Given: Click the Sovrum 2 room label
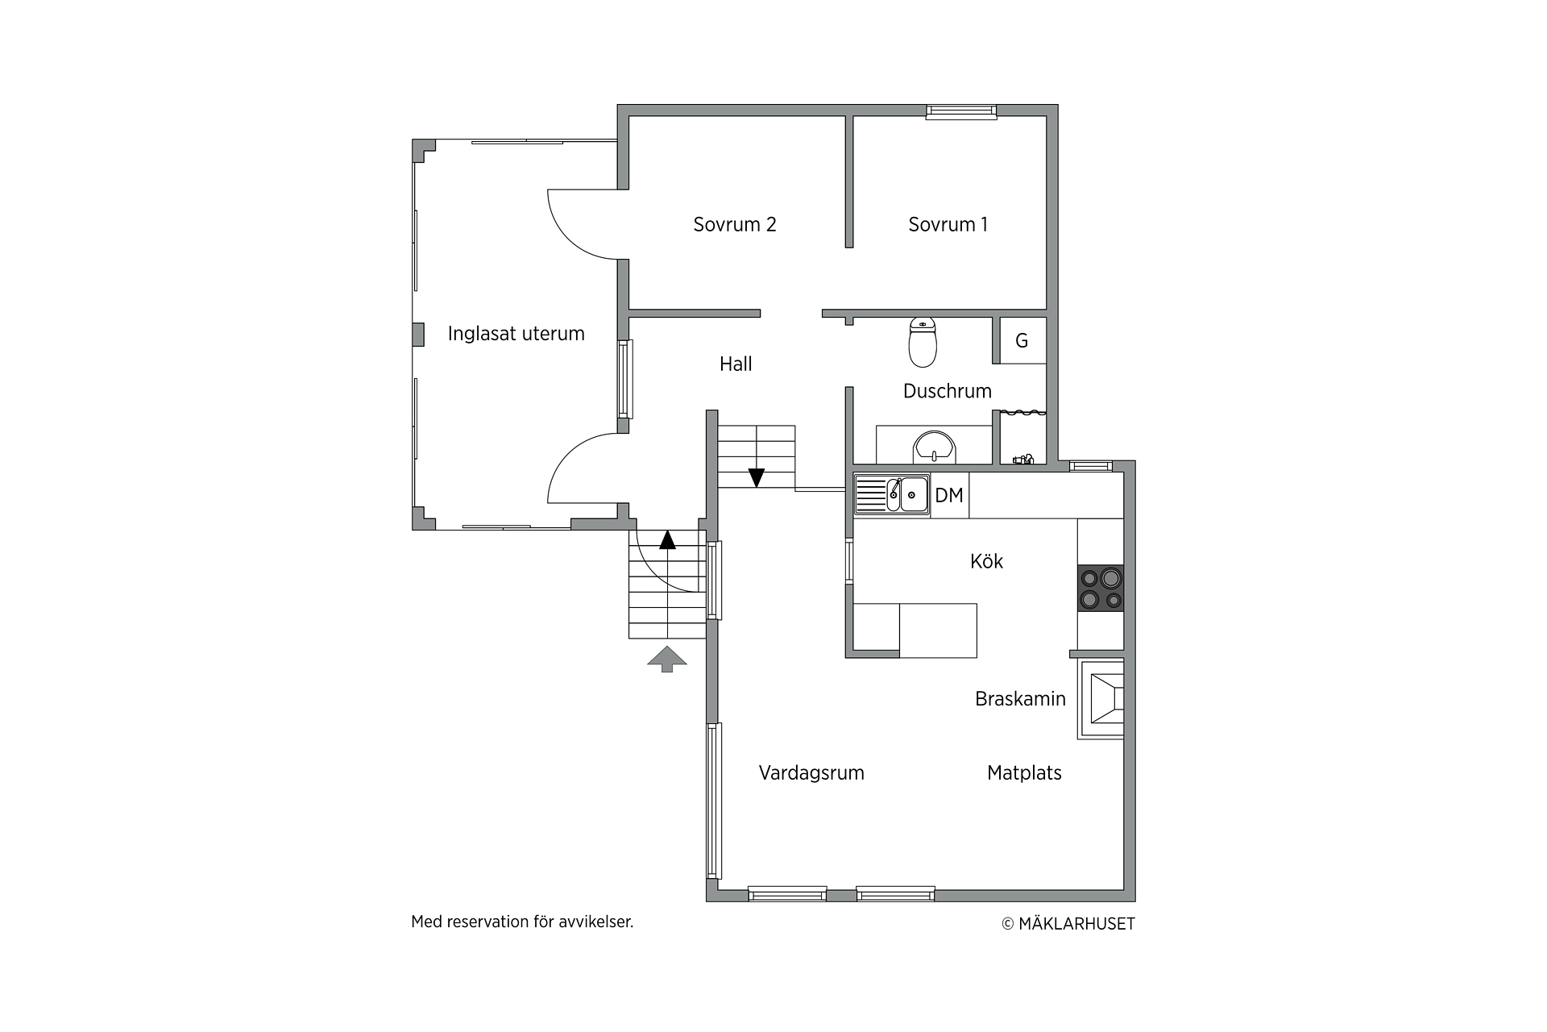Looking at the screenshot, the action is pos(735,225).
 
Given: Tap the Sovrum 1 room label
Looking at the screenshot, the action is pos(948,225).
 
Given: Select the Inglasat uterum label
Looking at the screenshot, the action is pos(516,334).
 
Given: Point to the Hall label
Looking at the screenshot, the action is pos(736,364).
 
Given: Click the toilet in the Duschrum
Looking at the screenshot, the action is pos(923,342).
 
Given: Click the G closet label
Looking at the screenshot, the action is pos(1022,341).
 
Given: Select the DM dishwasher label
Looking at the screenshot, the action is pos(949,495).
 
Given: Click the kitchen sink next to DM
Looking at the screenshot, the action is pos(892,494).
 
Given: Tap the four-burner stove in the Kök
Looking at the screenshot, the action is pos(1101,588).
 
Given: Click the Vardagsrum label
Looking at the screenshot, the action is pos(811,773).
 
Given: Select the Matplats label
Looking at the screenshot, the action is pos(1024,773).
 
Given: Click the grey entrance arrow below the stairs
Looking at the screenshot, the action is pos(667,660).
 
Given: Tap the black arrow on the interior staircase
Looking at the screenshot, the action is pos(756,478).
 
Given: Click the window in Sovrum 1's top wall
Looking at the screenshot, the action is pos(961,112).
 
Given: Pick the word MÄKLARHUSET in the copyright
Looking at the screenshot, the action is pos(1076,924).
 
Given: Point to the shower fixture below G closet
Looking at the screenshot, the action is pos(1022,459).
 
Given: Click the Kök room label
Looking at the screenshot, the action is pos(986,561).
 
